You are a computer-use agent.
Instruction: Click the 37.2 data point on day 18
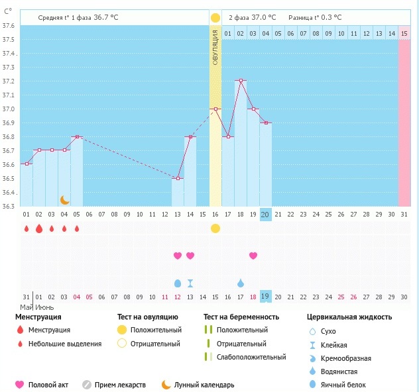click(x=240, y=81)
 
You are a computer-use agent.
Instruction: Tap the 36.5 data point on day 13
click(x=177, y=178)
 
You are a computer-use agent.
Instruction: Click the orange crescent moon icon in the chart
click(x=64, y=199)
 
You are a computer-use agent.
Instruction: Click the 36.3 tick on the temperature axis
click(x=9, y=206)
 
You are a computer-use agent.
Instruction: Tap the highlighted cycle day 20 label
click(x=265, y=214)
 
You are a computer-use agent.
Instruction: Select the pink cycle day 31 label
click(x=404, y=214)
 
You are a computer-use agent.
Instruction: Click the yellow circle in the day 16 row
click(x=215, y=228)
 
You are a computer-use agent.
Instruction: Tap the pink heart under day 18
click(x=253, y=256)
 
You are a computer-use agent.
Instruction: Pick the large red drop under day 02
click(x=39, y=228)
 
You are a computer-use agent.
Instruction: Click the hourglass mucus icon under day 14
click(x=190, y=283)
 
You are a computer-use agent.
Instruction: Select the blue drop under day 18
click(x=241, y=283)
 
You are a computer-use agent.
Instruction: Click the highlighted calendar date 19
click(x=265, y=297)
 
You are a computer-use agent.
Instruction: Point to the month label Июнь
click(x=44, y=307)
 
